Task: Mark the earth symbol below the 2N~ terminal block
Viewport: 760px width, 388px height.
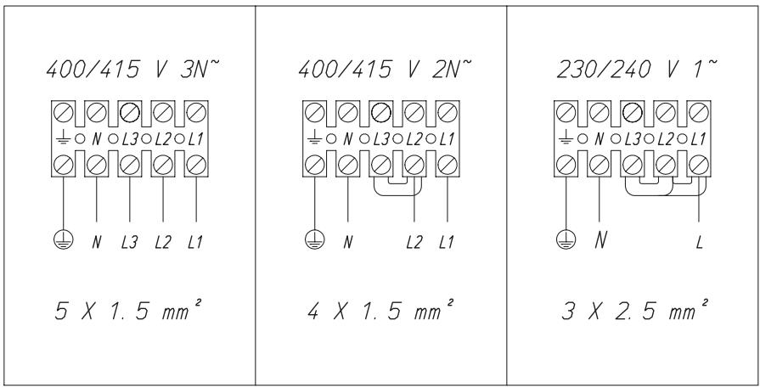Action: click(315, 239)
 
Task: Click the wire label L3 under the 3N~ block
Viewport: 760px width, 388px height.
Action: click(130, 240)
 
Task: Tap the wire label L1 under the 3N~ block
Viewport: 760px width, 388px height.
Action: click(196, 240)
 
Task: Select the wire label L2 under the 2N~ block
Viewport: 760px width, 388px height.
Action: click(414, 240)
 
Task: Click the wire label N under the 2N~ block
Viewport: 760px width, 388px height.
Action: click(348, 240)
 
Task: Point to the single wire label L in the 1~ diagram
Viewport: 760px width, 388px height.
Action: click(699, 240)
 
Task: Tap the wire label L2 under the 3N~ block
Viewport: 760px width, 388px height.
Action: click(163, 240)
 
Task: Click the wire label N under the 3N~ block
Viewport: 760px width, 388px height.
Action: click(97, 240)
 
